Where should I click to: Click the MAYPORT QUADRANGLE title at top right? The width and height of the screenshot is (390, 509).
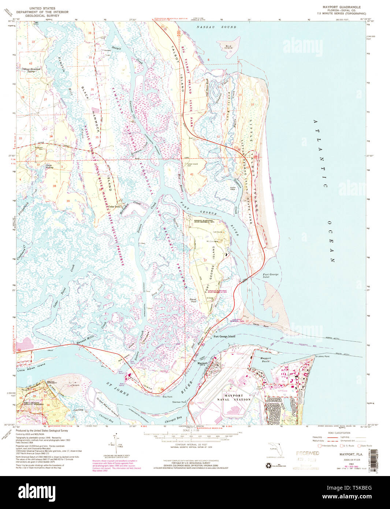[341, 7]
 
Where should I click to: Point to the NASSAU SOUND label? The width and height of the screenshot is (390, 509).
[216, 27]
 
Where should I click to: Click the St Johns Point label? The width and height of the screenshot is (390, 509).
[322, 356]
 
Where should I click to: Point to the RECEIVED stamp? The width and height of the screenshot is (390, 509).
[308, 453]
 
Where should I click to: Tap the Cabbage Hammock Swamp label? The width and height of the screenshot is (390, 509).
[31, 70]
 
